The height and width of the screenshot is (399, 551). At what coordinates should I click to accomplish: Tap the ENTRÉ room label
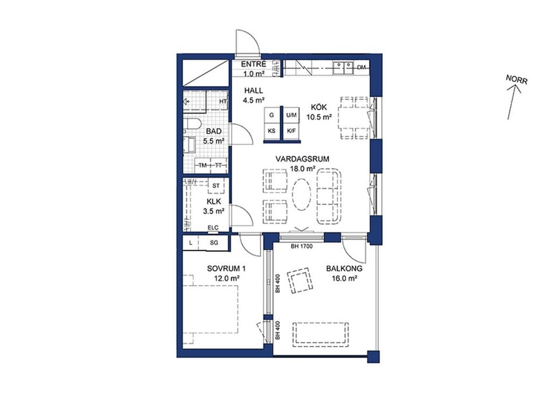[253, 64]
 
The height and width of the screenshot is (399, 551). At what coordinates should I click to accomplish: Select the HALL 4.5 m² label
[253, 95]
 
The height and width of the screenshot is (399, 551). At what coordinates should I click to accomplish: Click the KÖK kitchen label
[319, 108]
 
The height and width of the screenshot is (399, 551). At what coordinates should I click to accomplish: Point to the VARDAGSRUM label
[302, 159]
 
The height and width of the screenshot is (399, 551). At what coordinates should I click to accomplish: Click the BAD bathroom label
[214, 131]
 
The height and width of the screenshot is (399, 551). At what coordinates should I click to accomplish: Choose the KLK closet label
[214, 202]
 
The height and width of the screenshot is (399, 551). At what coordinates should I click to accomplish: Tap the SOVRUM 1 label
[226, 269]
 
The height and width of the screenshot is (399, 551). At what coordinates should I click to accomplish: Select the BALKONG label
[344, 269]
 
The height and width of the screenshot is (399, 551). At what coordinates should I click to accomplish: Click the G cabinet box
[271, 115]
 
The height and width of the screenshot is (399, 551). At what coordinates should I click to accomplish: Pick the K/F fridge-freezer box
[292, 131]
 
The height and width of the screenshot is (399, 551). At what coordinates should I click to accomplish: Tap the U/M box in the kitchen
[292, 115]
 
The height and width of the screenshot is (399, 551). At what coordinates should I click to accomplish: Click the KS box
[271, 131]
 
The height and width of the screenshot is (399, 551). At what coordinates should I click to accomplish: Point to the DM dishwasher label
[361, 68]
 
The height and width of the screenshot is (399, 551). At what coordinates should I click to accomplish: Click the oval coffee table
[302, 195]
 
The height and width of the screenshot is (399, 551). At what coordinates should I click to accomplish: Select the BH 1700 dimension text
[301, 246]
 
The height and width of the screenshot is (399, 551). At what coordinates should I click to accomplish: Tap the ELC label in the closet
[213, 228]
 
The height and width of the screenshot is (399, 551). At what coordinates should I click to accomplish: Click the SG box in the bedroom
[214, 243]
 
